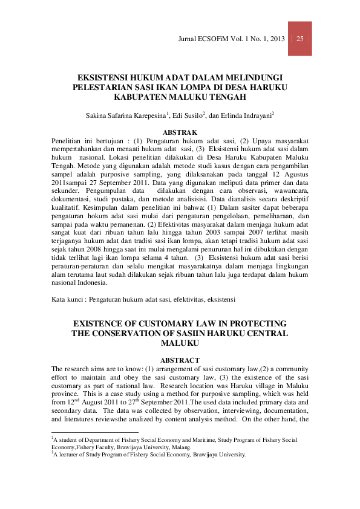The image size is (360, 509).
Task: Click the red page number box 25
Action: pos(299,39)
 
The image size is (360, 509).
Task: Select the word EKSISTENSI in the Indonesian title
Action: pos(105,77)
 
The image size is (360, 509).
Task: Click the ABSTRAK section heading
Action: pos(180,131)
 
